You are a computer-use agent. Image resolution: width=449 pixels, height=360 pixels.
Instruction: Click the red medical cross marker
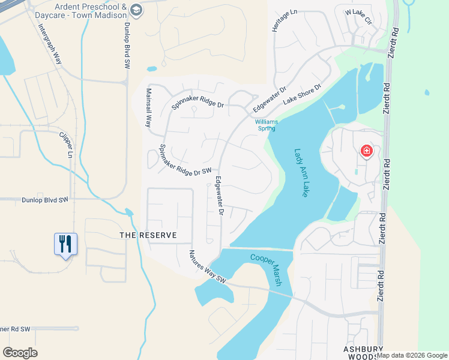click(366, 151)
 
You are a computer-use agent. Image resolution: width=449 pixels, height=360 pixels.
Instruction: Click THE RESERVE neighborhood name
click(148, 235)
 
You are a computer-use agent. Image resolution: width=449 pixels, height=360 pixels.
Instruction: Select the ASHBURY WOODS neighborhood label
click(363, 352)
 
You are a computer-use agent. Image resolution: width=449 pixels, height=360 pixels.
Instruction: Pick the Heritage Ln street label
click(277, 21)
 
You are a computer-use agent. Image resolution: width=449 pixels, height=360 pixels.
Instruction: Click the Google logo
click(20, 353)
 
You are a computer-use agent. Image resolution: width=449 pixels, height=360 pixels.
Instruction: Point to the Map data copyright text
click(412, 355)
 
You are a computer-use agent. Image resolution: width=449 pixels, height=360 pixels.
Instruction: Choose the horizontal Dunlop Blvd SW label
click(46, 200)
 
